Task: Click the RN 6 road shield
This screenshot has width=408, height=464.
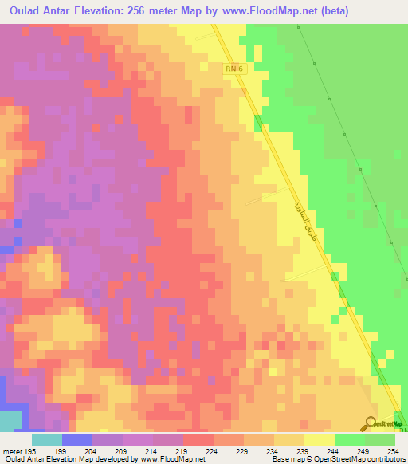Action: click(x=232, y=70)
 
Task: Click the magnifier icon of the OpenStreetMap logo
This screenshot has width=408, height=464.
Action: click(x=371, y=424)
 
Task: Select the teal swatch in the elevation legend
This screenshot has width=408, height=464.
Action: click(x=46, y=439)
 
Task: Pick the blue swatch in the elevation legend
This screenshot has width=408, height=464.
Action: click(x=77, y=439)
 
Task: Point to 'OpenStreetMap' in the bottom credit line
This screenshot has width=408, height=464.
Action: click(x=335, y=460)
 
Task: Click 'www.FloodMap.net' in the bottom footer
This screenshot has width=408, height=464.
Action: click(x=159, y=460)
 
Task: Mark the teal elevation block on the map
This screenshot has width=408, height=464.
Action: click(x=10, y=423)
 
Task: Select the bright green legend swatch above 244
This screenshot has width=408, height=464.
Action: click(x=349, y=439)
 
